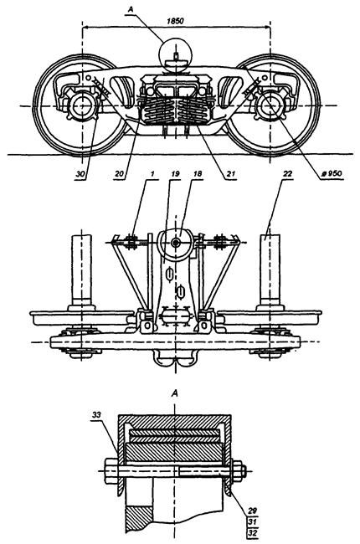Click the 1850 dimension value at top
[175, 21]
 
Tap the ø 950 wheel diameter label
[332, 173]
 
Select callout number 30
[80, 174]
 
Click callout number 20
[119, 174]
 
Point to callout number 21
[231, 174]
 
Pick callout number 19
[175, 173]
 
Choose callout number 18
[198, 173]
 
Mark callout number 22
[287, 173]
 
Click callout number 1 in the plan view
[152, 173]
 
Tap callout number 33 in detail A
[97, 414]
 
